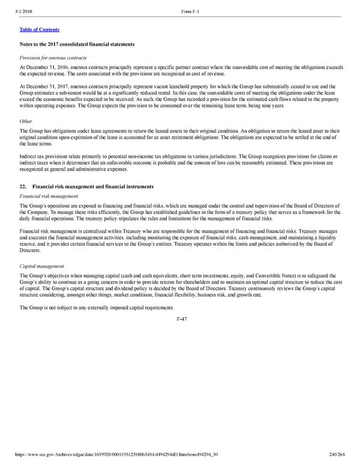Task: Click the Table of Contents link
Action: tap(39, 29)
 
